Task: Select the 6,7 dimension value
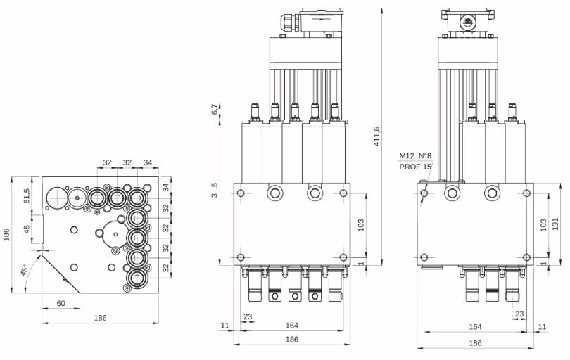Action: click(214, 111)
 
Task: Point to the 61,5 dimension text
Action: click(27, 195)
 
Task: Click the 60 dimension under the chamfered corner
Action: click(61, 302)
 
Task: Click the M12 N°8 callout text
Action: click(415, 155)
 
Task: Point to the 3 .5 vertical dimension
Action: click(214, 190)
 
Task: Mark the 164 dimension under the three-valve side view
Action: click(475, 326)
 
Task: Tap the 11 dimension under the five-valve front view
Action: click(225, 326)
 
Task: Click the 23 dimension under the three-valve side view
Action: click(519, 314)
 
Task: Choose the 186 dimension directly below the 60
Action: click(100, 318)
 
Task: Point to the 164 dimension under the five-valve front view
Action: click(292, 326)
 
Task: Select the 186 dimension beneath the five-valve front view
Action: click(292, 340)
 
